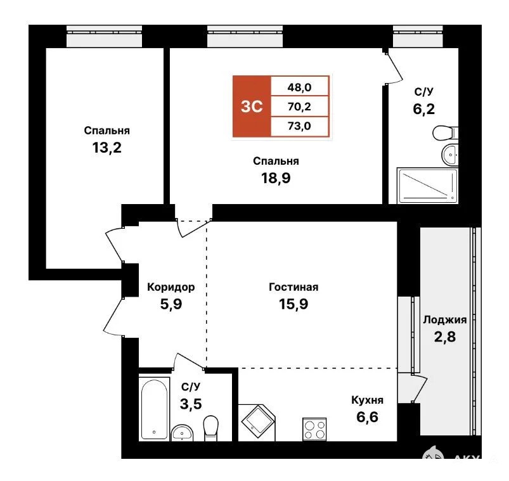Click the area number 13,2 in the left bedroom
coord(106,148)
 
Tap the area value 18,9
coord(276,178)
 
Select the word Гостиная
coord(293,287)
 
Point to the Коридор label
coord(171,287)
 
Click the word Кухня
coord(368,400)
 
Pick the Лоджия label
coord(445,319)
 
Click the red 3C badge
coord(252,106)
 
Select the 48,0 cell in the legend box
coord(300,87)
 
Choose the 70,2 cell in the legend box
coord(300,106)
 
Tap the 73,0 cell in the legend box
coord(300,126)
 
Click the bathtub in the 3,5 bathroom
coord(154,409)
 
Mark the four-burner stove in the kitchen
coord(314,430)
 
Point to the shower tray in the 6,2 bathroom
coord(427,185)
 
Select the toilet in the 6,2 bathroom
coord(446,132)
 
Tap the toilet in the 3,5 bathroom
coord(210,428)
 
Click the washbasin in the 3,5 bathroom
coord(182,432)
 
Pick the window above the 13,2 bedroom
coord(104,36)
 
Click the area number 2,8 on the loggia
coord(445,337)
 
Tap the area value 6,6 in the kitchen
coord(367,417)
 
